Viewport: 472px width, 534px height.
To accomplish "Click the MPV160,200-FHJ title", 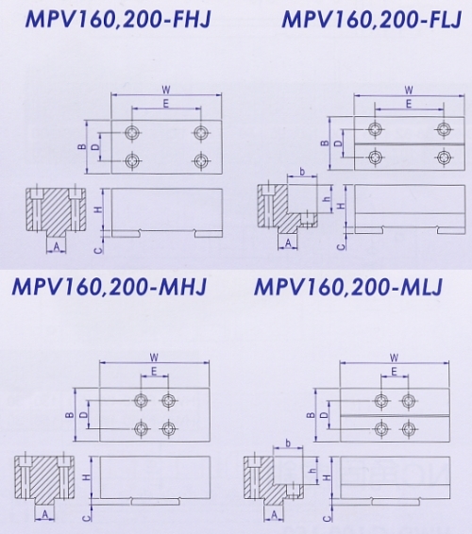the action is click(118, 19).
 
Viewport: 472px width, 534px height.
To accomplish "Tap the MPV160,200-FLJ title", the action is click(372, 19).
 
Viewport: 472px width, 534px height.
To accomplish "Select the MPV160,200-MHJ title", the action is click(110, 287).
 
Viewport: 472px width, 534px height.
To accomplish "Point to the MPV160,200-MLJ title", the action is click(348, 287).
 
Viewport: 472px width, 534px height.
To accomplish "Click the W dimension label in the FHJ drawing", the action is click(166, 91).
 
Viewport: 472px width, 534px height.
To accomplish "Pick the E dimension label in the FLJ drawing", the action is click(409, 104).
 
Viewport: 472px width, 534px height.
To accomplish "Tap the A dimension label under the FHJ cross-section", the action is click(57, 247).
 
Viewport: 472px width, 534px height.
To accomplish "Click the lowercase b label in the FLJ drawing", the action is click(302, 173).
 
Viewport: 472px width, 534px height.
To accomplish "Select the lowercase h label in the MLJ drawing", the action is click(312, 470).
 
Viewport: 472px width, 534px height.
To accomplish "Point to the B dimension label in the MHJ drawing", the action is click(70, 415).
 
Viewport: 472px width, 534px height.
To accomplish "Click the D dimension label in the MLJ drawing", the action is click(325, 414).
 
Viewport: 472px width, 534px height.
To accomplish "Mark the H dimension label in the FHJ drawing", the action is click(98, 209).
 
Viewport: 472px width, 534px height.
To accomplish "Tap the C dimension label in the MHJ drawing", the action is click(88, 518).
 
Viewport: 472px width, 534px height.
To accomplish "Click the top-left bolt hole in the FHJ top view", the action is click(131, 132).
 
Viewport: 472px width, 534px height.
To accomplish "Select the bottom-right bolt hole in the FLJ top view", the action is click(444, 157).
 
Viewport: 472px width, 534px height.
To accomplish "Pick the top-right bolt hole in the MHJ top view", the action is click(168, 400).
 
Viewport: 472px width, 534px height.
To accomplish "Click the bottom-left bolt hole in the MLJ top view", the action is click(381, 428).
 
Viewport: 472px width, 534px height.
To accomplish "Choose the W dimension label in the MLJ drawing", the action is click(394, 358).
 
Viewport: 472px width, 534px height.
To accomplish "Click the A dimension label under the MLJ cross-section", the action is click(275, 515).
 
